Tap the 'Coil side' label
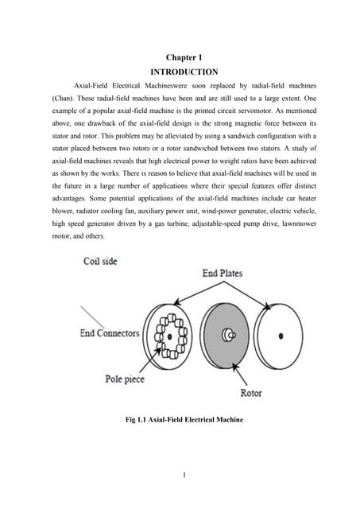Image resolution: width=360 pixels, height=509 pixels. [x=100, y=261]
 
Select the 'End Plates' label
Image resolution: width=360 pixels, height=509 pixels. [x=222, y=273]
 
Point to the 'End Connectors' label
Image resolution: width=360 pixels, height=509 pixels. [x=110, y=332]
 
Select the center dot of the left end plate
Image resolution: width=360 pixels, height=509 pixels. [x=169, y=336]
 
